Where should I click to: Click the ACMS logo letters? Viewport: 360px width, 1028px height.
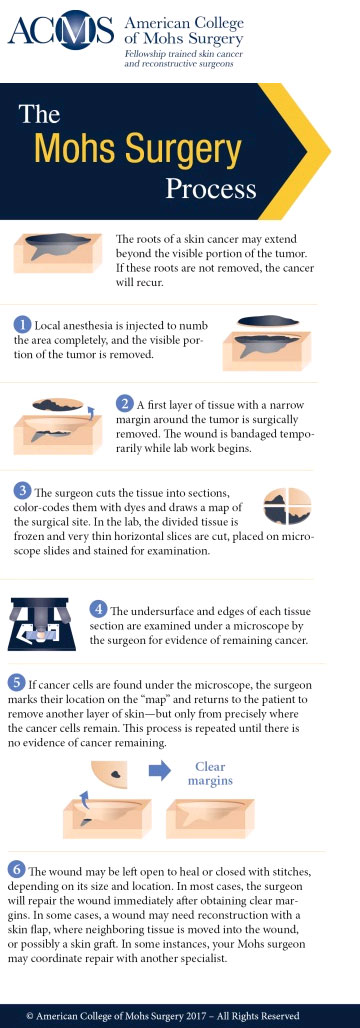click(59, 33)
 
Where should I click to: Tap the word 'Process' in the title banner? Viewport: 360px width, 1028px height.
click(211, 187)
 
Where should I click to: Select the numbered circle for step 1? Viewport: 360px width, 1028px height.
click(22, 325)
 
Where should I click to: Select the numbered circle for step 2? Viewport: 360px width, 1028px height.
click(125, 403)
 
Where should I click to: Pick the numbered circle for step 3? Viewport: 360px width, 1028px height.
click(22, 491)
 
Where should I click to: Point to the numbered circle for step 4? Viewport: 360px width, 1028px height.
click(98, 609)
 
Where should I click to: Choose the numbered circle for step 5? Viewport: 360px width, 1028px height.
click(17, 682)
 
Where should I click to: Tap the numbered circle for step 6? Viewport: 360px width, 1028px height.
click(17, 867)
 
